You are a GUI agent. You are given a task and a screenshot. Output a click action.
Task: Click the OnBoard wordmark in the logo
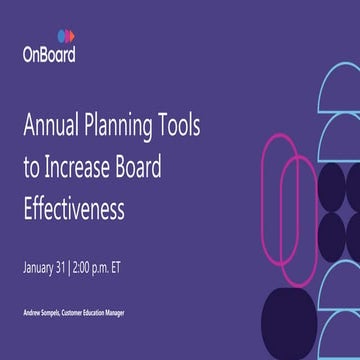click(48, 55)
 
